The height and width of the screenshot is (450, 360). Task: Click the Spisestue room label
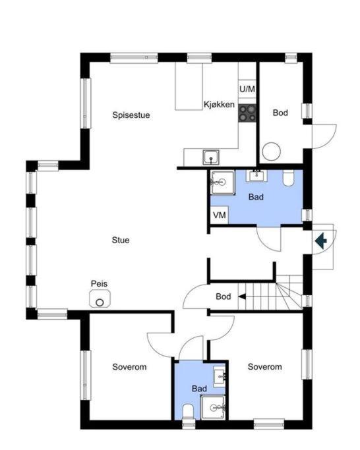click(131, 115)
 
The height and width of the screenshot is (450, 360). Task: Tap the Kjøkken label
click(219, 105)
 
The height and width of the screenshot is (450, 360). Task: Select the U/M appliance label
click(247, 89)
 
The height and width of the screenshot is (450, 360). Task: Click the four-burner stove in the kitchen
click(247, 113)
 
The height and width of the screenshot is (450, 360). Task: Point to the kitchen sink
click(211, 157)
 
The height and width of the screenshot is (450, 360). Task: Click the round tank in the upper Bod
click(271, 152)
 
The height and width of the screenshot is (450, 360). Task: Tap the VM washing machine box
click(220, 215)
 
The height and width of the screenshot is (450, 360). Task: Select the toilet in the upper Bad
click(288, 178)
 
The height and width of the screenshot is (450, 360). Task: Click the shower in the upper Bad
click(223, 183)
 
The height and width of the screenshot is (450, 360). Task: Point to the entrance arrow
click(321, 240)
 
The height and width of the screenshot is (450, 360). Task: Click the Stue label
click(121, 240)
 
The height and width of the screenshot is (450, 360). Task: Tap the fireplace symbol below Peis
click(100, 298)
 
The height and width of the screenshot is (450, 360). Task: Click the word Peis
click(99, 283)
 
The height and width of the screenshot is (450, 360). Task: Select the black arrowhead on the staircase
click(242, 296)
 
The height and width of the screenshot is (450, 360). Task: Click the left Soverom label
click(129, 367)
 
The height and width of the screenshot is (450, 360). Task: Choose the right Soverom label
click(264, 366)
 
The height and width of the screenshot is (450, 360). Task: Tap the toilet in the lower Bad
click(188, 412)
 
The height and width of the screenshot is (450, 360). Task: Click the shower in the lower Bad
click(213, 407)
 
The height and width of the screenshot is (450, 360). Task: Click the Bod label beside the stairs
click(224, 296)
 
